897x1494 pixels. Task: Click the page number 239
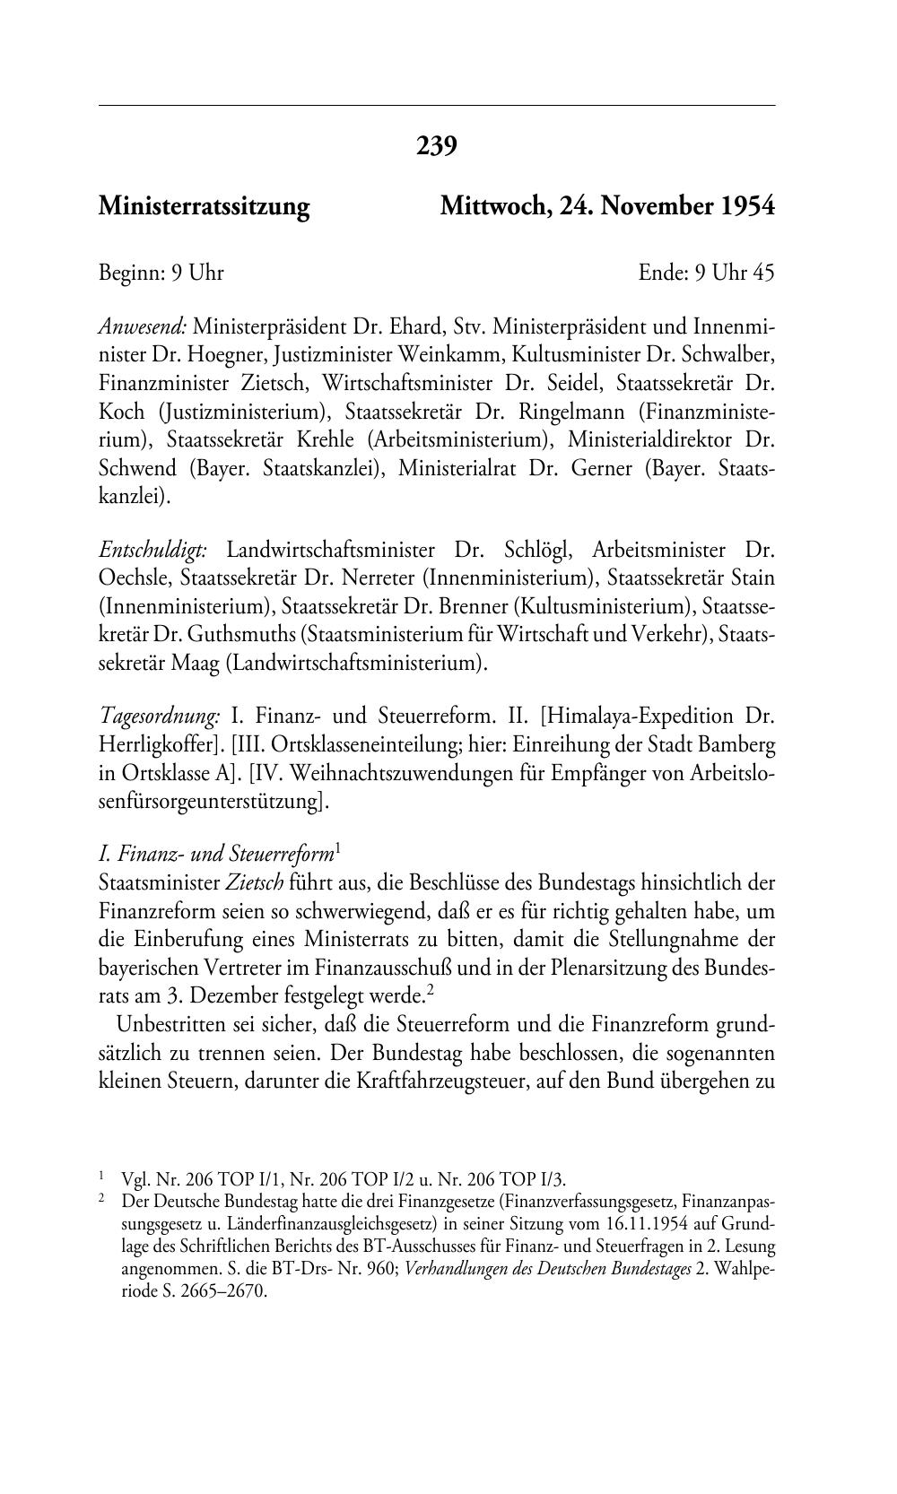coord(437,145)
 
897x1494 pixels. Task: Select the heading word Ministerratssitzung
coord(204,207)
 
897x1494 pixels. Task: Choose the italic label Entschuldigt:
coord(152,550)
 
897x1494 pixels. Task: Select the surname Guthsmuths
coord(241,635)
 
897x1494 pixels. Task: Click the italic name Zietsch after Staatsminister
coord(254,883)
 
